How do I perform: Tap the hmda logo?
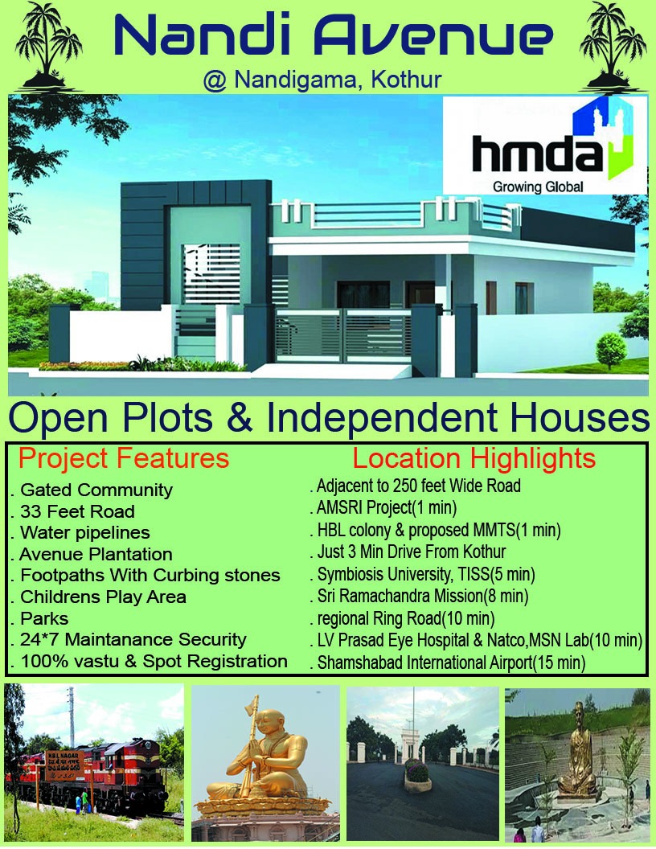pos(545,145)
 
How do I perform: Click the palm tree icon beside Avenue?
pos(613,47)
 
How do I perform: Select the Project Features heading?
pos(124,458)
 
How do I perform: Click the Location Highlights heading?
pos(474,458)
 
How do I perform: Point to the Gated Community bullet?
pos(92,490)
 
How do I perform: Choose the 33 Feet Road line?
pos(73,511)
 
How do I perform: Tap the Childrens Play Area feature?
pos(99,597)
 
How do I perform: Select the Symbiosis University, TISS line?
pos(423,574)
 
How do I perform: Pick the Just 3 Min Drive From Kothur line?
pos(408,552)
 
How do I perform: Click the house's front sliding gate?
pos(343,336)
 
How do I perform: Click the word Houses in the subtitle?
pos(580,419)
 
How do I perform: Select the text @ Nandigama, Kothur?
pos(322,80)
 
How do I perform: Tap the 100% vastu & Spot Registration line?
pos(150,661)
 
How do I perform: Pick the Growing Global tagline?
pos(538,187)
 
